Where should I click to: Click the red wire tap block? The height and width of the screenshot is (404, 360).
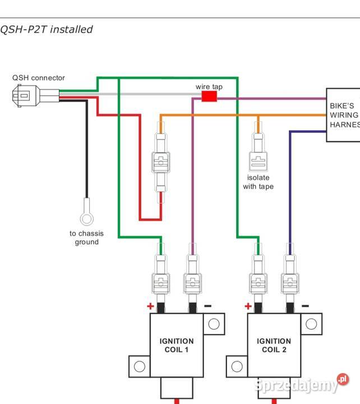(x=209, y=97)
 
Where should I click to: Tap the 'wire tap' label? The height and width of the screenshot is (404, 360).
(x=209, y=86)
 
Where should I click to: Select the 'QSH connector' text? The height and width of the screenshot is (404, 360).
(x=39, y=78)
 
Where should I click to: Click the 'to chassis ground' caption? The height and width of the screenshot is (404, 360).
(x=86, y=238)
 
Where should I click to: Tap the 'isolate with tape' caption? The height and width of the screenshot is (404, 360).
(x=259, y=182)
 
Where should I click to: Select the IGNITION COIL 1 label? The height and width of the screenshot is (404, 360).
(x=176, y=345)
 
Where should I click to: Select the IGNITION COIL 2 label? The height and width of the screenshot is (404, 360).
(x=274, y=345)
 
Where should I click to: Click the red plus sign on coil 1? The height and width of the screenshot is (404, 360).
(x=150, y=306)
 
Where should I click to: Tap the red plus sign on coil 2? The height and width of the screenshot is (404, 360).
(x=248, y=306)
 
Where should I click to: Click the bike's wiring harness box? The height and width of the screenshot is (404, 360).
(x=344, y=115)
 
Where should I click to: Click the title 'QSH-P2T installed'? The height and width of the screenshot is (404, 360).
(x=47, y=29)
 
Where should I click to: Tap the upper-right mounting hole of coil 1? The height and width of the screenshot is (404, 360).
(x=214, y=324)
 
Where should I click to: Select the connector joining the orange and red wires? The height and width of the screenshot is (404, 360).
(x=161, y=162)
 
